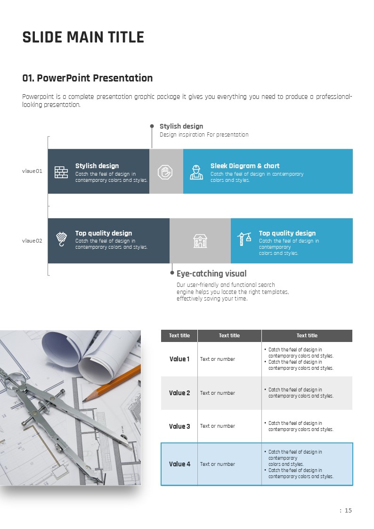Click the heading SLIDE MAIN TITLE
(x=83, y=37)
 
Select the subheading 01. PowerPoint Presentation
(x=88, y=78)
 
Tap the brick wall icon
(x=61, y=172)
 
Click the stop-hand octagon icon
(x=165, y=172)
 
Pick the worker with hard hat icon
(x=196, y=172)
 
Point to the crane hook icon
(x=61, y=239)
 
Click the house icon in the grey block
(x=200, y=241)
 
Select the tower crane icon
(x=244, y=239)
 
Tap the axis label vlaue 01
(x=32, y=171)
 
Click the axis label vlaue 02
(x=32, y=241)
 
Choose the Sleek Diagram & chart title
(x=245, y=166)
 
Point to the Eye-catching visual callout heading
(x=211, y=274)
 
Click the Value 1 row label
(x=179, y=359)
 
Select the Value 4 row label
(x=179, y=464)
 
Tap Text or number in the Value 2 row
(x=218, y=393)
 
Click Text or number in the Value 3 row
(x=218, y=426)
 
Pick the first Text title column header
(x=179, y=335)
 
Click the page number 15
(x=348, y=511)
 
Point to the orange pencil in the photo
(x=112, y=383)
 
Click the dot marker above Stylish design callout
(x=152, y=126)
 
